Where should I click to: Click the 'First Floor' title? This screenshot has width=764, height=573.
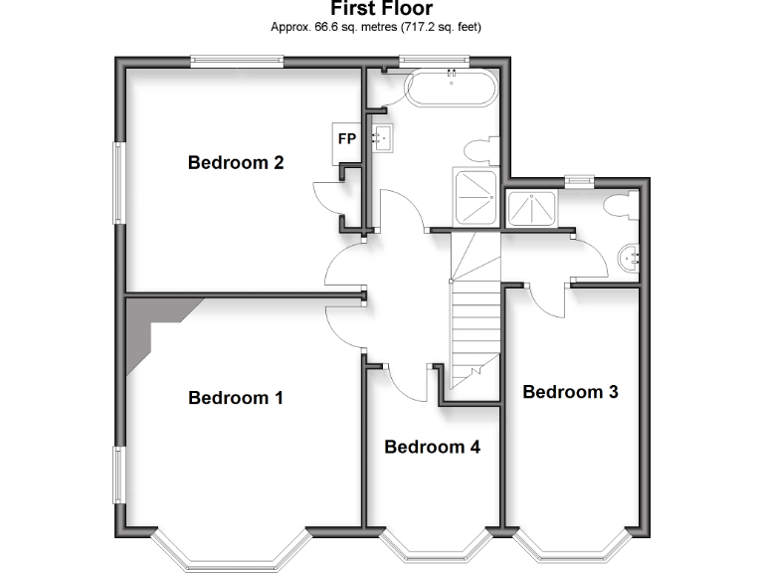point(381,9)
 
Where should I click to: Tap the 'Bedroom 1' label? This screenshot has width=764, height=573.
point(236,398)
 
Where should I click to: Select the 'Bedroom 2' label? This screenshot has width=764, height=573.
point(236,162)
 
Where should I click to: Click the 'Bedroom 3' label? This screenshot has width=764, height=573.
point(570,392)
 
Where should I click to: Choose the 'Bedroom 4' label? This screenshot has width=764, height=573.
point(432,447)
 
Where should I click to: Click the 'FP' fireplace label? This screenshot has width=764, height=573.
point(347,138)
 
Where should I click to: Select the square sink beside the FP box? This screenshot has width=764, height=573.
point(383,137)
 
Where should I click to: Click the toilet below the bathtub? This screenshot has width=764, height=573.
point(479,151)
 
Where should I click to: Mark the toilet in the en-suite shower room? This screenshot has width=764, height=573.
point(621,206)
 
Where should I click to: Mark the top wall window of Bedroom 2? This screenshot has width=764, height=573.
point(237,62)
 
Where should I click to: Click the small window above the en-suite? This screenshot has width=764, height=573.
point(577,180)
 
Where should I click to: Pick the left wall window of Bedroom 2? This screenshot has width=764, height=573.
point(118,183)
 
